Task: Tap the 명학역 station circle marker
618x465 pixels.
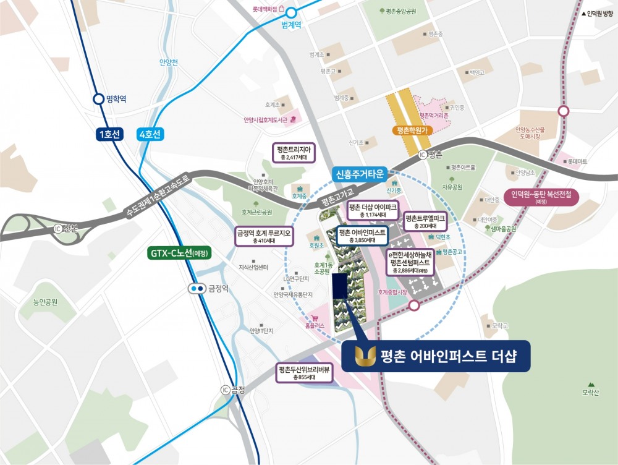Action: (x=98, y=99)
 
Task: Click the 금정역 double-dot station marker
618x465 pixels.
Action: (x=198, y=288)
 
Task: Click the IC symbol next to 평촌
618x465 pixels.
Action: (x=423, y=155)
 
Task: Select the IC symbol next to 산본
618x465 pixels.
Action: (x=58, y=228)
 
